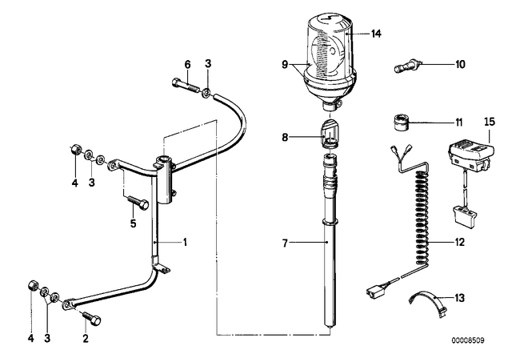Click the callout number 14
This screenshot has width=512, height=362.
376,34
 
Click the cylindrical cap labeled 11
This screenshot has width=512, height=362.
399,123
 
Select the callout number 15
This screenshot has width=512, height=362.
490,122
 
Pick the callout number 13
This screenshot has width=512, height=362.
459,298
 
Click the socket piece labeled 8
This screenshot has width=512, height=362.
330,134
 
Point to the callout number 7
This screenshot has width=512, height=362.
285,243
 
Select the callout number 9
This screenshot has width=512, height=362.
285,65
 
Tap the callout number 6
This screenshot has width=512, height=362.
187,64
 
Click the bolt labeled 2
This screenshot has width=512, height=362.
92,318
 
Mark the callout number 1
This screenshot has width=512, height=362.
185,243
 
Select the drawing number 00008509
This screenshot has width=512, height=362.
468,340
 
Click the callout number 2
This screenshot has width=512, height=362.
86,339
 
